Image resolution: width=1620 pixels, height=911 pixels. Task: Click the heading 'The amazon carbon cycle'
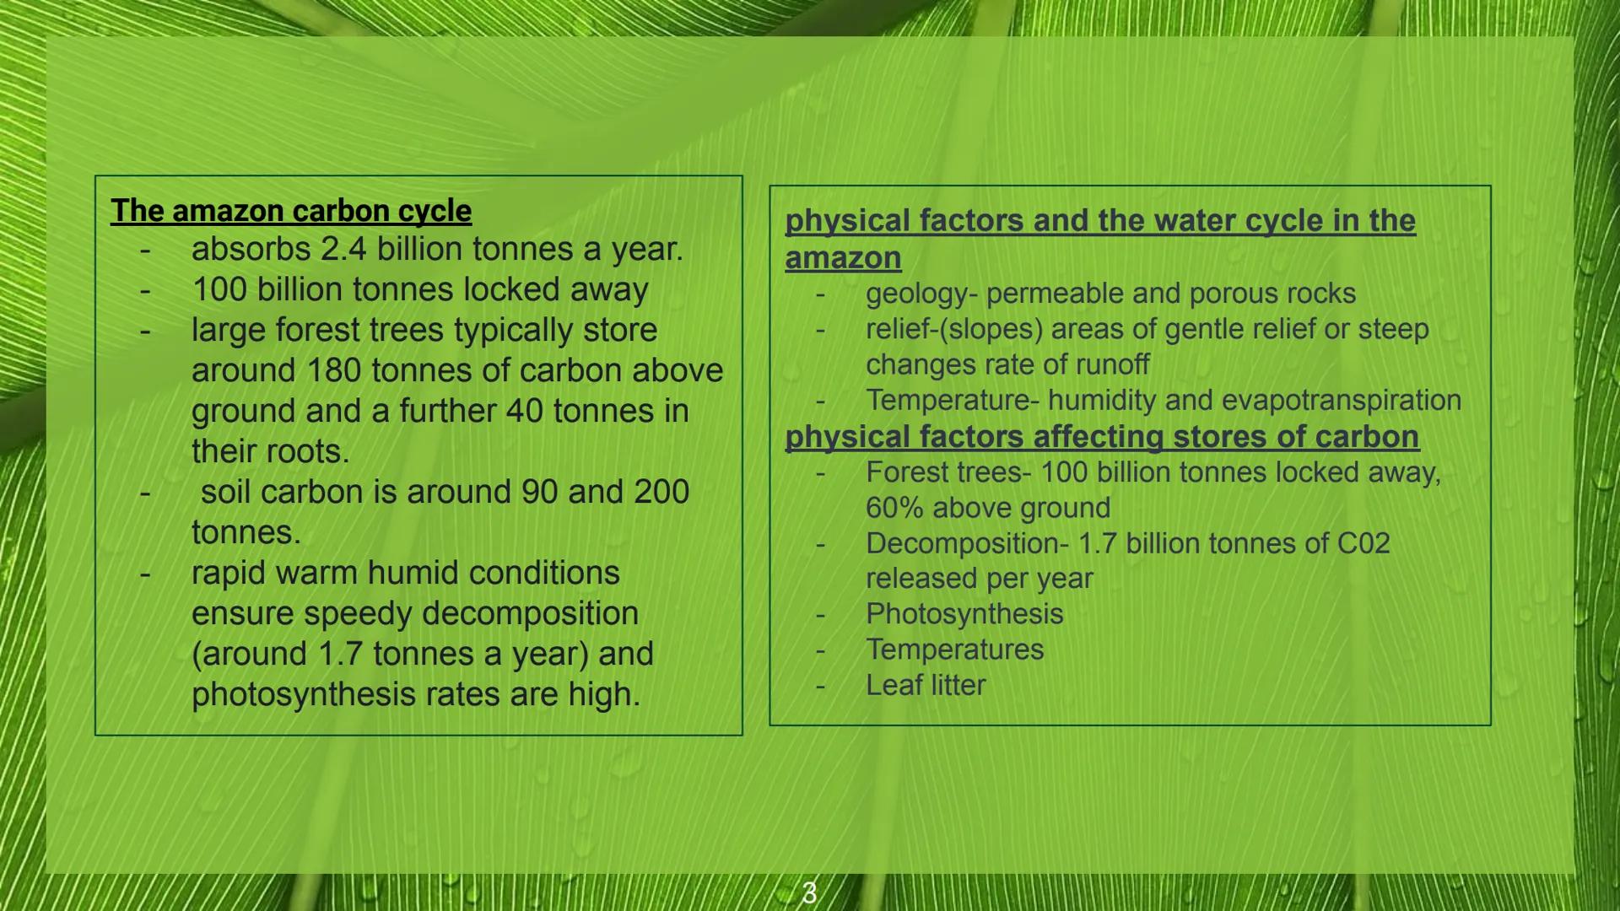tap(291, 211)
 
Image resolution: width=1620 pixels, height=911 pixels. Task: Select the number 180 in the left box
tap(334, 370)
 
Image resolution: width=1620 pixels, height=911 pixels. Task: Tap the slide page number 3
tap(809, 892)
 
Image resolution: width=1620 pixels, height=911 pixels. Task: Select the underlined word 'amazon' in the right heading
tap(843, 258)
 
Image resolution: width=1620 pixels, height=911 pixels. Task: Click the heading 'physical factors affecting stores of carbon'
tap(1102, 437)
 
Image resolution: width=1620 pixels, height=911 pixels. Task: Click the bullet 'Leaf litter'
tap(926, 685)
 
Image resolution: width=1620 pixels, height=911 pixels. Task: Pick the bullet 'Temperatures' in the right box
tap(954, 650)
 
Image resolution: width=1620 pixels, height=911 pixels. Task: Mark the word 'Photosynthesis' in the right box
tap(964, 615)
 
